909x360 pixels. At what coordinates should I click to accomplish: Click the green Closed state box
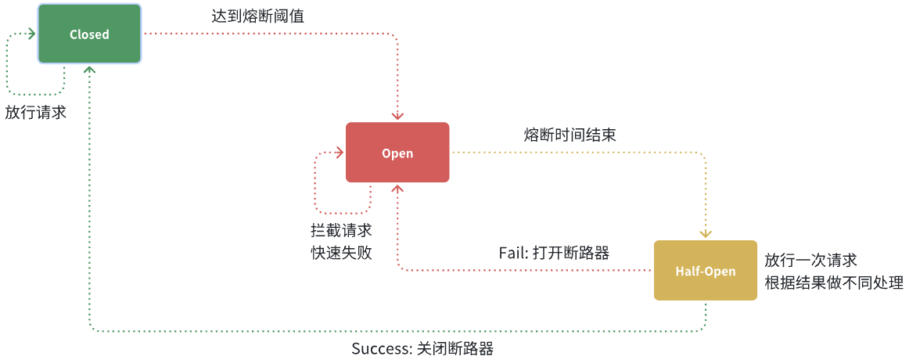[x=89, y=34]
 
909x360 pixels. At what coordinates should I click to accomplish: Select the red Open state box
[x=397, y=153]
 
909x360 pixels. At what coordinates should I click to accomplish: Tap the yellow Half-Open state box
[x=705, y=271]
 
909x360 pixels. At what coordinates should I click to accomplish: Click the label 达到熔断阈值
[x=257, y=16]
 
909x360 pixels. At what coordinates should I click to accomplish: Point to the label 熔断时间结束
[x=569, y=135]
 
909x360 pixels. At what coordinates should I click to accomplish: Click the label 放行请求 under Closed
[x=36, y=113]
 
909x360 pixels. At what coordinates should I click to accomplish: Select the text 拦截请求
[x=341, y=231]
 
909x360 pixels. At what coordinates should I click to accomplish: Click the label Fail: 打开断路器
[x=554, y=252]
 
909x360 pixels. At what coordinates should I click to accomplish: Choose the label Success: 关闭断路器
[x=422, y=349]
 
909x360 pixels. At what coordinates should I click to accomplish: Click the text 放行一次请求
[x=811, y=261]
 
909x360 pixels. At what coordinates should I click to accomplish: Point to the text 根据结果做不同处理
[x=834, y=283]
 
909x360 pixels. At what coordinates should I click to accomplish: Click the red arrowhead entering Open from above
[x=397, y=117]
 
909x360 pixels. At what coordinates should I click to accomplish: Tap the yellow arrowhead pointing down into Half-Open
[x=706, y=233]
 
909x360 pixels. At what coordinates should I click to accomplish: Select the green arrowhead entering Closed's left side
[x=32, y=34]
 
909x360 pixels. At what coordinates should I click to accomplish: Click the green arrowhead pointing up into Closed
[x=89, y=69]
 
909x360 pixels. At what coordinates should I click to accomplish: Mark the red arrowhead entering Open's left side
[x=340, y=153]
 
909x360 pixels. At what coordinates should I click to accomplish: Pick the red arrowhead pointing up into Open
[x=397, y=188]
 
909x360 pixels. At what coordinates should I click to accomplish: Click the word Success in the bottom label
[x=378, y=349]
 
